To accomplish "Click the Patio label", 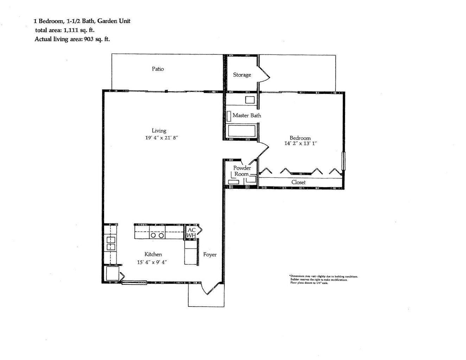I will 158,69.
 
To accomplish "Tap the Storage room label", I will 242,75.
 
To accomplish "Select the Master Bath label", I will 247,115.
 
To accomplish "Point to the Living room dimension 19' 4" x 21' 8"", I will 162,138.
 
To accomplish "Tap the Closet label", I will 298,182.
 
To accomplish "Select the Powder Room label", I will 242,171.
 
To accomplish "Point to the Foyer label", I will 210,255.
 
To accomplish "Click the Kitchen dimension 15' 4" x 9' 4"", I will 152,262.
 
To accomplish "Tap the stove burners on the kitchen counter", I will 157,236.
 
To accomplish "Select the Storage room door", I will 264,74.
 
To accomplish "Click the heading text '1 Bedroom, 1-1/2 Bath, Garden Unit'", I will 82,21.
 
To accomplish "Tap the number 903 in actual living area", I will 89,39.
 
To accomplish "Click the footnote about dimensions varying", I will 323,277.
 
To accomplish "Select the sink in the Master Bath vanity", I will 250,99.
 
